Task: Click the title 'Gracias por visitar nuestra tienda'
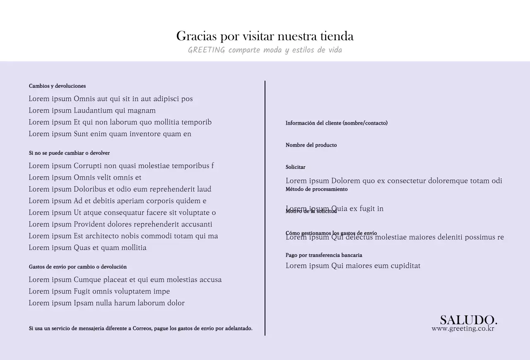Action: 265,36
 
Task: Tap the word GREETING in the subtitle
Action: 207,50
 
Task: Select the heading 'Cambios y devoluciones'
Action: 57,86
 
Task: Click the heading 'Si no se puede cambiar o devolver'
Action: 69,153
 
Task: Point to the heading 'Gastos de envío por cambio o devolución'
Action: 78,267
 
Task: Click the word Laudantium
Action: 93,110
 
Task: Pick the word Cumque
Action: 87,280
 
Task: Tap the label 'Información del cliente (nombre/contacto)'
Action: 337,123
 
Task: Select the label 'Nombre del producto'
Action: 311,145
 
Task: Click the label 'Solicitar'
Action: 295,167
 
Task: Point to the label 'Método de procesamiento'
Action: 316,189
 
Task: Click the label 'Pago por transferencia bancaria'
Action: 324,255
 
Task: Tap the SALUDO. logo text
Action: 468,320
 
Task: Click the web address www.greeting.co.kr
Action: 463,329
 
